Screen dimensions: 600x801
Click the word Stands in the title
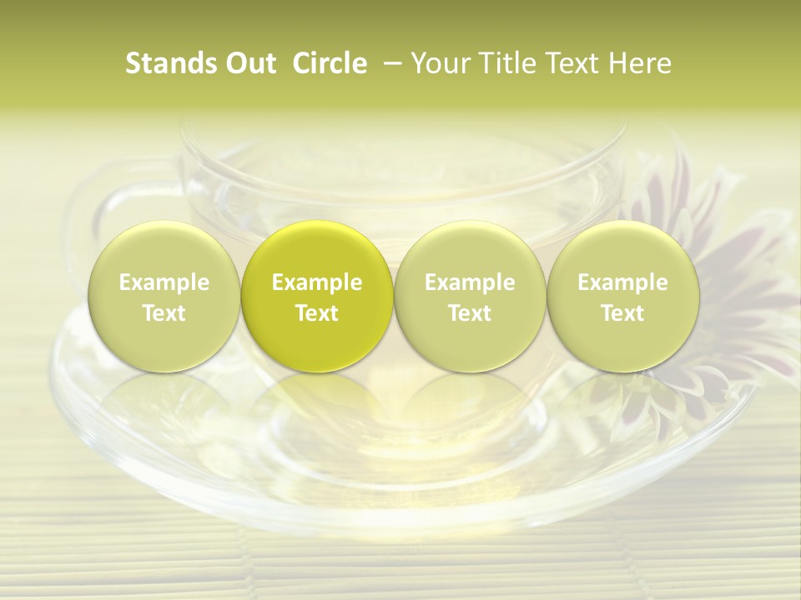tap(168, 63)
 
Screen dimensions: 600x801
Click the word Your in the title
tap(438, 63)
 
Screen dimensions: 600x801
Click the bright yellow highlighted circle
tap(317, 297)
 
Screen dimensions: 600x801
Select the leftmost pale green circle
tap(164, 297)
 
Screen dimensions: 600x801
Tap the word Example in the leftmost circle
tap(164, 282)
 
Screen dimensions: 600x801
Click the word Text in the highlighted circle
tap(317, 313)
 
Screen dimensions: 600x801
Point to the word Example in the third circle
tap(470, 282)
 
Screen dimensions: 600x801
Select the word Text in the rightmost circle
tap(622, 313)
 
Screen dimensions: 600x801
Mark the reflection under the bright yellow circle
tap(317, 400)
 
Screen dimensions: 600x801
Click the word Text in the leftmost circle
tap(164, 313)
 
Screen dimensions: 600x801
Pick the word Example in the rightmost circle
tap(622, 282)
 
